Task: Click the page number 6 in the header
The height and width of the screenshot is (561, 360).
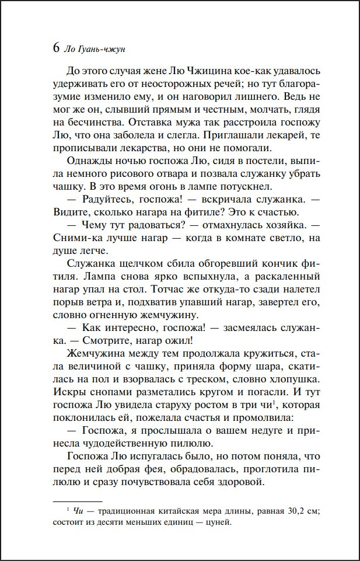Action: (x=56, y=49)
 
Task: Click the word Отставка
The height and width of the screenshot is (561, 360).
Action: (x=163, y=123)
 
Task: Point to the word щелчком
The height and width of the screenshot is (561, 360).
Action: (x=140, y=264)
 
